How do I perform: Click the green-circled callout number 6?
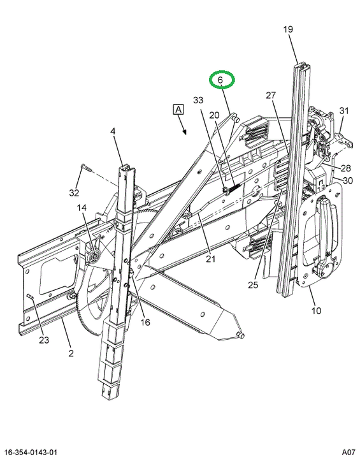(220, 80)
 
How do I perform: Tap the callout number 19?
(288, 29)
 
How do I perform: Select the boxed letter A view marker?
(178, 110)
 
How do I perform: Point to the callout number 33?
(198, 100)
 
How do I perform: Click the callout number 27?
(271, 95)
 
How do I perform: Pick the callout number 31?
(344, 111)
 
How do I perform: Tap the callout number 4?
(113, 131)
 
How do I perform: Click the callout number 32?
(74, 193)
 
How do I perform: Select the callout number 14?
(82, 208)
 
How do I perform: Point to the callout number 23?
(44, 340)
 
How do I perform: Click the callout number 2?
(71, 353)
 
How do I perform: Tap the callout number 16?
(145, 323)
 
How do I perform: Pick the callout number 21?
(210, 259)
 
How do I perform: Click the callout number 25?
(253, 284)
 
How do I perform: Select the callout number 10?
(316, 310)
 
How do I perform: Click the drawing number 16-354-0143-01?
(31, 453)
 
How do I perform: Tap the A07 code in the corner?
(349, 453)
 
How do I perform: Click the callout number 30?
(348, 180)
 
